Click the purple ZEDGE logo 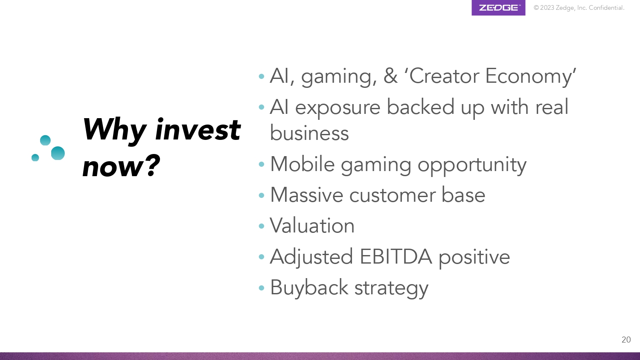[498, 7]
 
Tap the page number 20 [626, 340]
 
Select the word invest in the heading [198, 130]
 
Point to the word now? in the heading [121, 166]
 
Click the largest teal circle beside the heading [58, 153]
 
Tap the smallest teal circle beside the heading [35, 157]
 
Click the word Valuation [312, 226]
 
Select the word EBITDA [396, 257]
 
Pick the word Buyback [309, 288]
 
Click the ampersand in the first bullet [390, 76]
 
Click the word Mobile [302, 164]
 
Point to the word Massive [307, 195]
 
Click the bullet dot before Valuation [262, 226]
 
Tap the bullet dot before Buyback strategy [262, 288]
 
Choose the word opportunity [472, 165]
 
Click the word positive [474, 257]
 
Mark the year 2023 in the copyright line [547, 8]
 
